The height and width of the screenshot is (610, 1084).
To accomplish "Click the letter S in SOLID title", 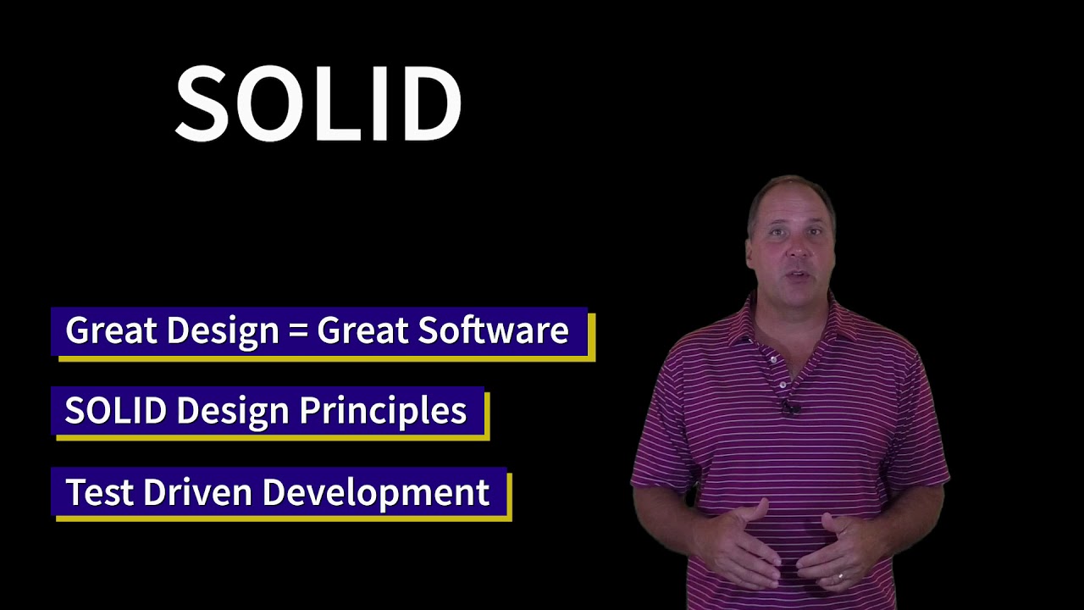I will pyautogui.click(x=202, y=104).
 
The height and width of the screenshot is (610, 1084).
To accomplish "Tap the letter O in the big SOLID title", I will pyautogui.click(x=269, y=104).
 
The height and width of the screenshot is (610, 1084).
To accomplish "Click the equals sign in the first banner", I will pyautogui.click(x=297, y=330).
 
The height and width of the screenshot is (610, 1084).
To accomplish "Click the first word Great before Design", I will pyautogui.click(x=111, y=330).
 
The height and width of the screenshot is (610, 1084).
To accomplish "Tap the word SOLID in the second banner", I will pyautogui.click(x=115, y=411).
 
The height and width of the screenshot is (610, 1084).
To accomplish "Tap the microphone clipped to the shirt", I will pyautogui.click(x=791, y=408).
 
